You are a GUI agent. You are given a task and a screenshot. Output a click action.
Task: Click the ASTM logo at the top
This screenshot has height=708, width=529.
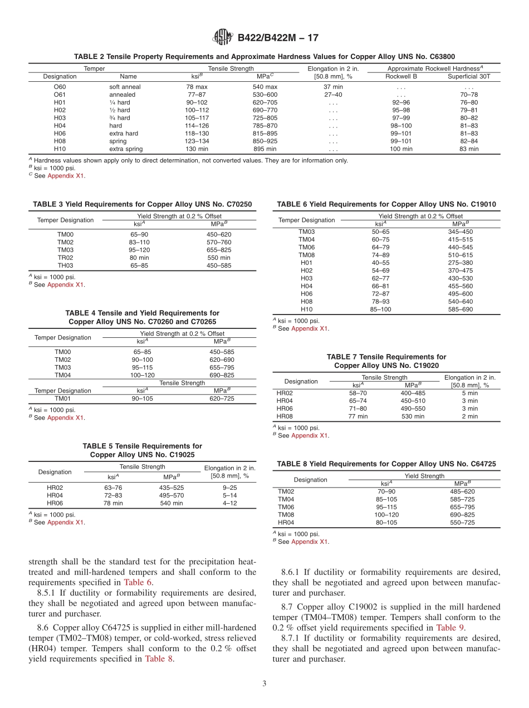pos(223,38)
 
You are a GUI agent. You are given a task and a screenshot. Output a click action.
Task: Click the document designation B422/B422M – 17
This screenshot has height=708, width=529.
pos(278,38)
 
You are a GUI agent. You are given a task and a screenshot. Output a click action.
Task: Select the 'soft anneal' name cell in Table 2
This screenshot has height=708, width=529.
pos(125,87)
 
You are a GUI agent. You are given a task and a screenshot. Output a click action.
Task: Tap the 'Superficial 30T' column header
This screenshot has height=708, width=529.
pos(469,76)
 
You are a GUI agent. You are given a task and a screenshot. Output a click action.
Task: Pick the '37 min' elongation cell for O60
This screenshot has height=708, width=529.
pos(333,87)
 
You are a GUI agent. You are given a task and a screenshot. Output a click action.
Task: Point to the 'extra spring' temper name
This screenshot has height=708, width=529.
pos(126,149)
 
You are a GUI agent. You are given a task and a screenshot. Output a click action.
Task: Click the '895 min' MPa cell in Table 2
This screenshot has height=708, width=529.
pos(264,149)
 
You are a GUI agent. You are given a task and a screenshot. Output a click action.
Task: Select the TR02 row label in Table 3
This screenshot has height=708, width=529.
pos(65,258)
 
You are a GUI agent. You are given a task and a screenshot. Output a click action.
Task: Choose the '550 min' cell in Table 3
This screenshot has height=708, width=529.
pos(219,258)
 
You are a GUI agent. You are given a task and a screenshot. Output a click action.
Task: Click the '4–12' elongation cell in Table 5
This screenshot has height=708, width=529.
pos(230,503)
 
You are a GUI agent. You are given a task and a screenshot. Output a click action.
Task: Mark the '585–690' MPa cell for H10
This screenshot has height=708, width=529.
pos(460,309)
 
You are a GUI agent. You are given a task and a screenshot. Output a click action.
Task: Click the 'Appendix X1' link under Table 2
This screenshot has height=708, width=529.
pos(66,176)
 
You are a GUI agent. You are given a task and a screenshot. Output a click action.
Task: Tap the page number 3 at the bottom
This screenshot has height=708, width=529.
pos(264,684)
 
